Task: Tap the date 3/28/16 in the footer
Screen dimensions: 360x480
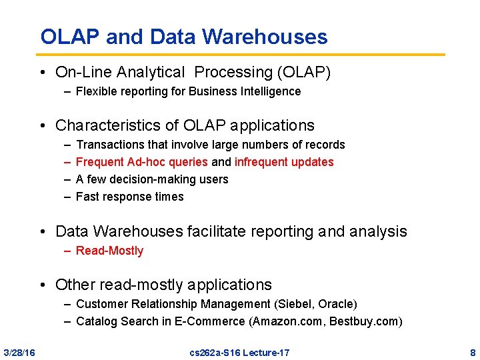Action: (x=19, y=352)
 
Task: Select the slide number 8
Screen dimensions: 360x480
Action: (x=473, y=352)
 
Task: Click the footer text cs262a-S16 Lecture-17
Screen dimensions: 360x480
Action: (x=239, y=352)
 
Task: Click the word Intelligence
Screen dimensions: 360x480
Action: (x=272, y=91)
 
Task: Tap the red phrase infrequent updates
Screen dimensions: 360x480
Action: (x=284, y=162)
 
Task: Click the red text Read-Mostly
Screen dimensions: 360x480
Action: (x=109, y=251)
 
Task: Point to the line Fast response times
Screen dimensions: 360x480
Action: (x=129, y=197)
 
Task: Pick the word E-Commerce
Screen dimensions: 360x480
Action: (x=213, y=321)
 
